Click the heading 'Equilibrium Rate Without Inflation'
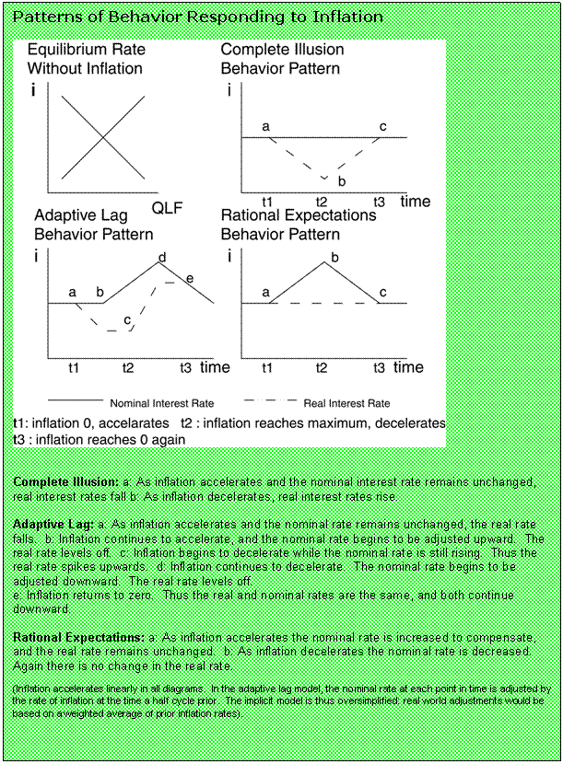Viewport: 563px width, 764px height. [x=85, y=59]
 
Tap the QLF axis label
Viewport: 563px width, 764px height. [x=167, y=207]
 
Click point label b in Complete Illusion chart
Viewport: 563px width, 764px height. [x=341, y=181]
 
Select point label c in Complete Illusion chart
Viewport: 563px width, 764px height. [x=383, y=126]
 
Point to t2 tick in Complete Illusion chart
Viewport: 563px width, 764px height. [x=322, y=202]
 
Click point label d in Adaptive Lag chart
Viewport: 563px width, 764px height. [x=162, y=257]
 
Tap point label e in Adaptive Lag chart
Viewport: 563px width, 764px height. [x=190, y=278]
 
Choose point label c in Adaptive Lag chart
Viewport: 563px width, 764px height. [x=127, y=320]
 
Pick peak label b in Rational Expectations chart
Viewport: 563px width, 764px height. [x=334, y=257]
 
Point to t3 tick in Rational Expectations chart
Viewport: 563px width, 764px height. [x=379, y=367]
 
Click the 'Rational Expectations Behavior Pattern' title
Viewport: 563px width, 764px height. [x=299, y=225]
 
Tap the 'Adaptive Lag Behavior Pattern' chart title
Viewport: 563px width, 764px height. [x=94, y=225]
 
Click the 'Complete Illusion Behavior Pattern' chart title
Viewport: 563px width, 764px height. [x=283, y=59]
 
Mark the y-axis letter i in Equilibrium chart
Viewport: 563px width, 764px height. [x=35, y=91]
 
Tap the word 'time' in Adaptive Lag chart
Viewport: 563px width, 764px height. [x=215, y=367]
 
